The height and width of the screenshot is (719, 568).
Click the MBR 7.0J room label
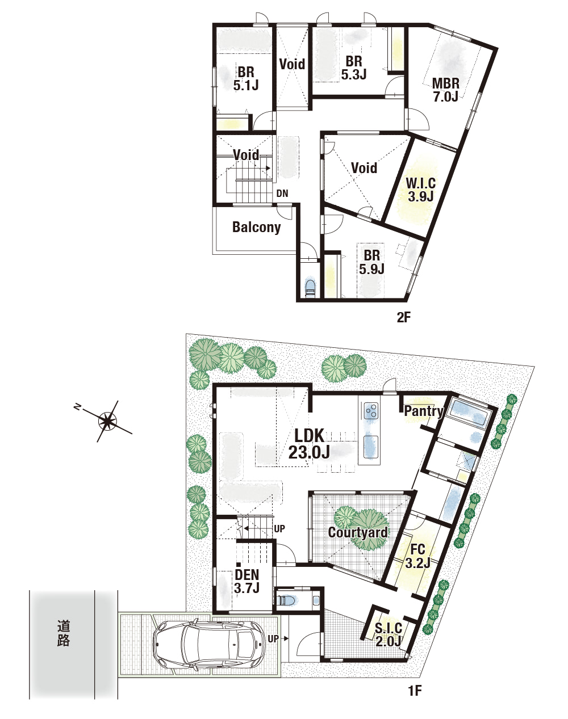point(445,90)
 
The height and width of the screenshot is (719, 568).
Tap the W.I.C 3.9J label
point(421,190)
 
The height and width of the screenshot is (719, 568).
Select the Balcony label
point(257,227)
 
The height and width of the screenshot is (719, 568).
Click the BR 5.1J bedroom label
point(246,79)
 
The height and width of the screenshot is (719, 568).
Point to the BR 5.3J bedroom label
point(354,68)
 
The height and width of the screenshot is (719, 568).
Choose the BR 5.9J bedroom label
point(371,262)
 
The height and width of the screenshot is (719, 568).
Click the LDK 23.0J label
point(309,444)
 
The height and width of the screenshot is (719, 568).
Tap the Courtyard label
point(358,532)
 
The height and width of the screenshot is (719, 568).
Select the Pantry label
point(424,411)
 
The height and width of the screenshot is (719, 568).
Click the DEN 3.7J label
point(247,581)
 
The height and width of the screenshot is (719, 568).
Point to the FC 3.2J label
point(418,556)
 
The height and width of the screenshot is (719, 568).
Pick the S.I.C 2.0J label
point(389,634)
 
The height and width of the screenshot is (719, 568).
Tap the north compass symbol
point(107,421)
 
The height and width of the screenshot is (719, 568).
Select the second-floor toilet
point(310,287)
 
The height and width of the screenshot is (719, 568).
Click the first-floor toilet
point(286,600)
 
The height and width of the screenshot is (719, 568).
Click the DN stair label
point(282,194)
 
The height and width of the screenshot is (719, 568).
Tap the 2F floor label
point(403,317)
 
